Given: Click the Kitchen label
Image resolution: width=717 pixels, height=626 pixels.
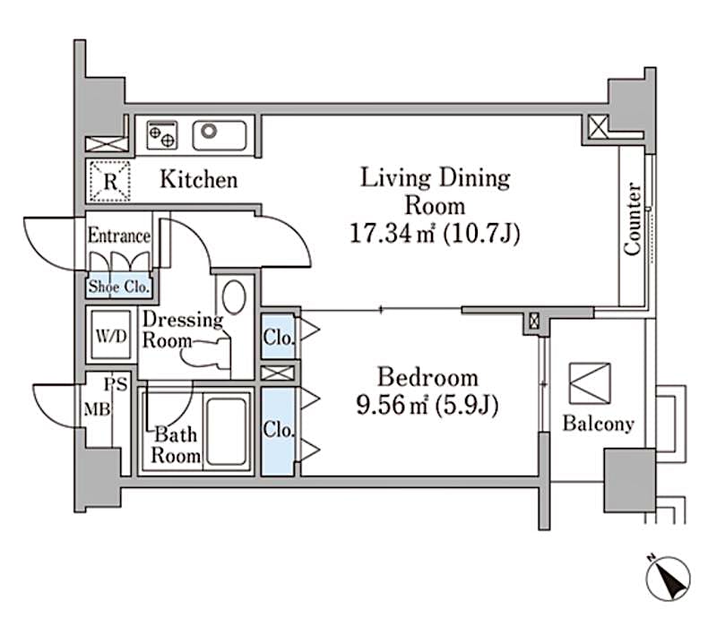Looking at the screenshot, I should pos(199,180).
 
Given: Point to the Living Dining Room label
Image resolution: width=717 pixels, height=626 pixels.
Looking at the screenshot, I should pos(435,190).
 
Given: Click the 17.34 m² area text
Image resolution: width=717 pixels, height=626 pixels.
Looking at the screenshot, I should pos(435,235).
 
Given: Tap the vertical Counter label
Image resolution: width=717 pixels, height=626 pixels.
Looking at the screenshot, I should pos(634,219).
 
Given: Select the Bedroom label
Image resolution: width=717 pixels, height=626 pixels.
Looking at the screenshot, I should pos(427,377).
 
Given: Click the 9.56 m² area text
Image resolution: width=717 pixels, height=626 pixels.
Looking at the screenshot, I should pos(427,406).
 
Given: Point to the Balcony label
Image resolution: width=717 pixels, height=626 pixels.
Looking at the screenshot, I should pos(598,424).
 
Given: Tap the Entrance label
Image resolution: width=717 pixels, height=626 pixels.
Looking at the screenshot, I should pos(118,236).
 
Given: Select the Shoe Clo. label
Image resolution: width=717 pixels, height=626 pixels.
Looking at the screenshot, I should pos(119,287).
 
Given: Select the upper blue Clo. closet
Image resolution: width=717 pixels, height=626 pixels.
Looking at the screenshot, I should pos(276,338).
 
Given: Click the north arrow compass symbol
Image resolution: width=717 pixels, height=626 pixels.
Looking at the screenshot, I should pos(668,574).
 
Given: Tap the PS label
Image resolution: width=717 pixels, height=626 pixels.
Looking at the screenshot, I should pos(114,386).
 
